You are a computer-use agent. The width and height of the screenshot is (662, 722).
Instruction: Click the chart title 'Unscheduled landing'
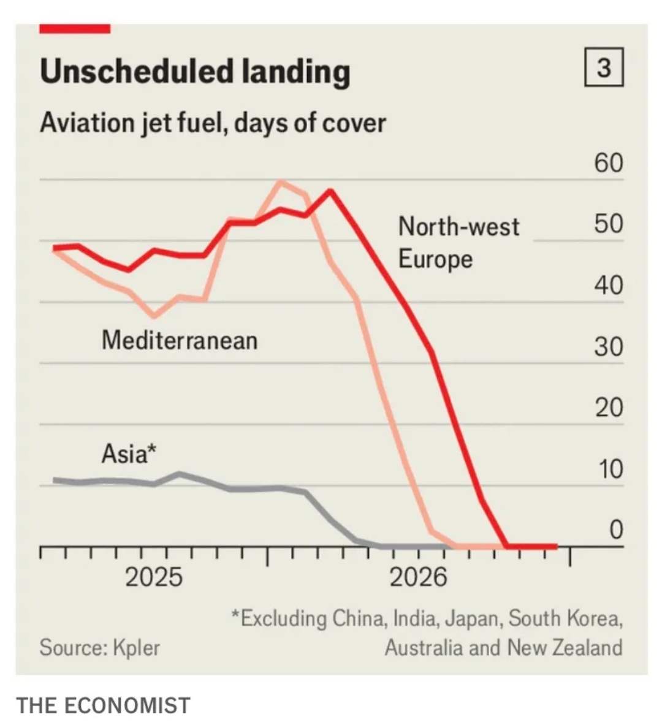coord(195,72)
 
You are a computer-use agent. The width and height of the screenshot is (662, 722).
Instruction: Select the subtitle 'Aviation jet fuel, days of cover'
coord(213,123)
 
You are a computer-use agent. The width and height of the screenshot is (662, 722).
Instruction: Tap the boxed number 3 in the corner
coord(604,67)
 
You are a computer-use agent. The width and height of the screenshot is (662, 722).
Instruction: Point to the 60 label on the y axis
coord(607,163)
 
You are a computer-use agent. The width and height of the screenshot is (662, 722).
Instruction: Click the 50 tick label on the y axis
coord(607,224)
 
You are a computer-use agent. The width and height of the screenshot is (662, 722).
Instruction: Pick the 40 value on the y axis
coord(607,286)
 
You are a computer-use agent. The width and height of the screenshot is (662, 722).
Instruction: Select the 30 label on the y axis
coord(607,347)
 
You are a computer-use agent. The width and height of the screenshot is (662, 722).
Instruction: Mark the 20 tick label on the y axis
coord(607,408)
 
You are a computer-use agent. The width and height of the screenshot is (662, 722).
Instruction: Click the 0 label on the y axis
coord(615,530)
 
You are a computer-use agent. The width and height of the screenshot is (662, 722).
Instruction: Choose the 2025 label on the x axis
coord(154,577)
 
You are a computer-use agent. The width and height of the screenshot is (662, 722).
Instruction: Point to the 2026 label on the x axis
coord(419,577)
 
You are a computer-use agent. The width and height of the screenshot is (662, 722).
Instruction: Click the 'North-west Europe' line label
coord(458,243)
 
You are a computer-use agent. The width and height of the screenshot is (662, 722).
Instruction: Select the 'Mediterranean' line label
coord(180,340)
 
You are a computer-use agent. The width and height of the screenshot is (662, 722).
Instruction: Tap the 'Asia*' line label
coord(129,454)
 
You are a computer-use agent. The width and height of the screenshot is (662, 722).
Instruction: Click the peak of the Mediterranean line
coord(281,182)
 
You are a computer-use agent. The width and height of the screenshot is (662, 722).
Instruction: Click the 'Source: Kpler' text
coord(99,647)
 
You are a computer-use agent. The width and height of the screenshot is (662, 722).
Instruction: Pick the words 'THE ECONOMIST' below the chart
coord(103,705)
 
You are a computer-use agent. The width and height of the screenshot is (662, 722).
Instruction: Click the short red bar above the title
coord(75,29)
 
